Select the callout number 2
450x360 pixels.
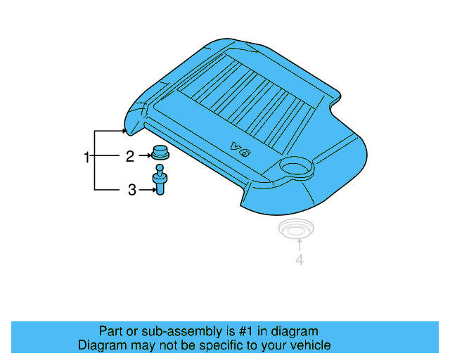129,157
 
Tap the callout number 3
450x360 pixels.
131,189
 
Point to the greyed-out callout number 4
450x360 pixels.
299,260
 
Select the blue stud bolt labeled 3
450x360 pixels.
160,184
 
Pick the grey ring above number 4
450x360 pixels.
297,229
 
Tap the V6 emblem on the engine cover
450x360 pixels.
240,149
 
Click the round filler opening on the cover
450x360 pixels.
295,167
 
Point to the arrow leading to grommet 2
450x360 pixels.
145,157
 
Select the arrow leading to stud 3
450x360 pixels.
146,189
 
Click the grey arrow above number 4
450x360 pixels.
299,245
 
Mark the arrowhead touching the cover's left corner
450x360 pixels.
124,131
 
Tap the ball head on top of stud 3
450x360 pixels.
160,168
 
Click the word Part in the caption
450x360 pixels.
111,331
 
